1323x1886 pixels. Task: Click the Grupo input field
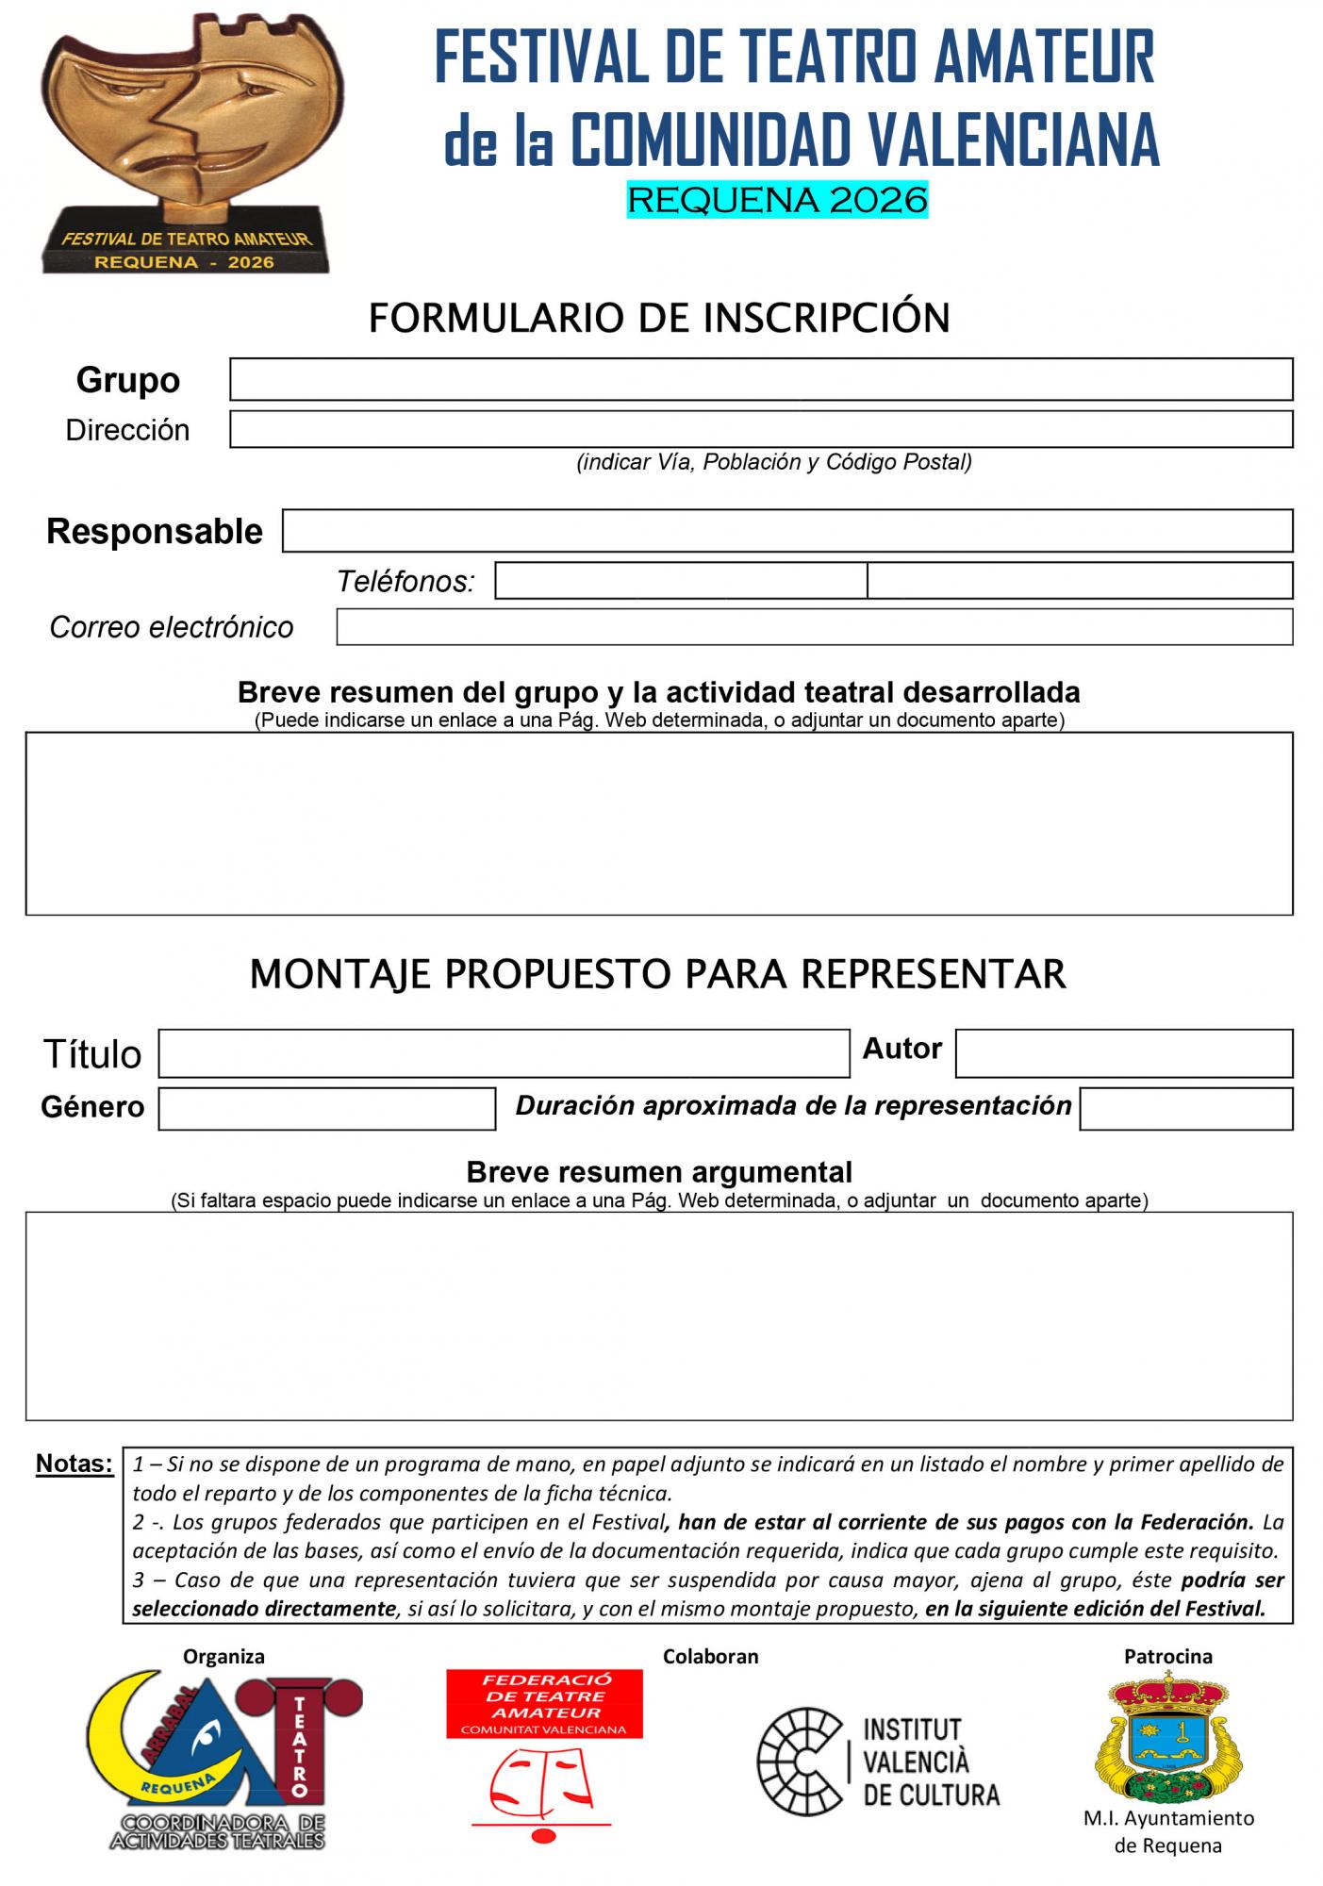pyautogui.click(x=761, y=379)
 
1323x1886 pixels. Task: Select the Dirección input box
pyautogui.click(x=761, y=429)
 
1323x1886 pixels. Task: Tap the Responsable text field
pyautogui.click(x=787, y=531)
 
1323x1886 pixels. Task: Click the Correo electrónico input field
pyautogui.click(x=814, y=627)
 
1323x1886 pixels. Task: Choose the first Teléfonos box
pyautogui.click(x=681, y=581)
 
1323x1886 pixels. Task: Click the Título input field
pyautogui.click(x=504, y=1053)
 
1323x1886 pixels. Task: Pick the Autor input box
pyautogui.click(x=1123, y=1053)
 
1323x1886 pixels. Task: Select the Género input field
pyautogui.click(x=326, y=1108)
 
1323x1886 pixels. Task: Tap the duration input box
pyautogui.click(x=1185, y=1108)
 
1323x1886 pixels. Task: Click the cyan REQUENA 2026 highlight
pyautogui.click(x=777, y=200)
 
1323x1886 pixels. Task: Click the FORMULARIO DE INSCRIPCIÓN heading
pyautogui.click(x=659, y=318)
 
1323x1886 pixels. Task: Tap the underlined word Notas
pyautogui.click(x=74, y=1464)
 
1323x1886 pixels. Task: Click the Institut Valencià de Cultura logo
pyautogui.click(x=879, y=1761)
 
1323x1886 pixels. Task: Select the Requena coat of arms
pyautogui.click(x=1167, y=1736)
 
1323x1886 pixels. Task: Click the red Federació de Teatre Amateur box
pyautogui.click(x=544, y=1704)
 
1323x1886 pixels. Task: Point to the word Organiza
pyautogui.click(x=223, y=1656)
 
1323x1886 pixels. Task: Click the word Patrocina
pyautogui.click(x=1167, y=1656)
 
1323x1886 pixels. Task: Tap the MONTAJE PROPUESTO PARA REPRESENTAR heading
pyautogui.click(x=657, y=973)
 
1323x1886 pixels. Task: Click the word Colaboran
pyautogui.click(x=710, y=1656)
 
